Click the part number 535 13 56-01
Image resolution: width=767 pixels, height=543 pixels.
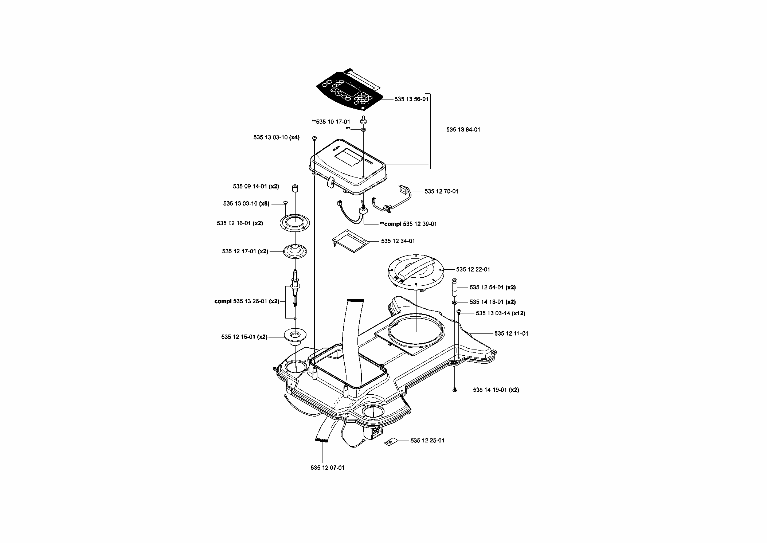tap(411, 99)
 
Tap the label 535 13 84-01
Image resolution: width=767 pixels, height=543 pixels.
tap(463, 129)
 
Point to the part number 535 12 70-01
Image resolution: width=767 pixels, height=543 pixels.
tap(441, 191)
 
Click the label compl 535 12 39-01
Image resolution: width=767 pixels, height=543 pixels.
tap(408, 224)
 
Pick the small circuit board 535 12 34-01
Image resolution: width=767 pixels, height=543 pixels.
tap(350, 241)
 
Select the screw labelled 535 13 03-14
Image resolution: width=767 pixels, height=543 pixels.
tap(459, 312)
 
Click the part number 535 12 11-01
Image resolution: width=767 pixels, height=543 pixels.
tap(511, 333)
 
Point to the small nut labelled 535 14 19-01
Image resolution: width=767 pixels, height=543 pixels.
tap(455, 390)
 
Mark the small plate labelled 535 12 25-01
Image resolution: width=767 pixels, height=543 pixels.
tap(390, 442)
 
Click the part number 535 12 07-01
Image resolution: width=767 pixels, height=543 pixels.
tap(328, 468)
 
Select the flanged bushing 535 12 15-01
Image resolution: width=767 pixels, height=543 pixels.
tap(295, 336)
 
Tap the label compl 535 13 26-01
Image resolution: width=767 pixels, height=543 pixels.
tap(247, 301)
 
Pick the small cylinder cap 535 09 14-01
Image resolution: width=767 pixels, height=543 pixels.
tap(294, 189)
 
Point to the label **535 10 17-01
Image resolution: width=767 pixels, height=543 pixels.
tap(331, 122)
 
